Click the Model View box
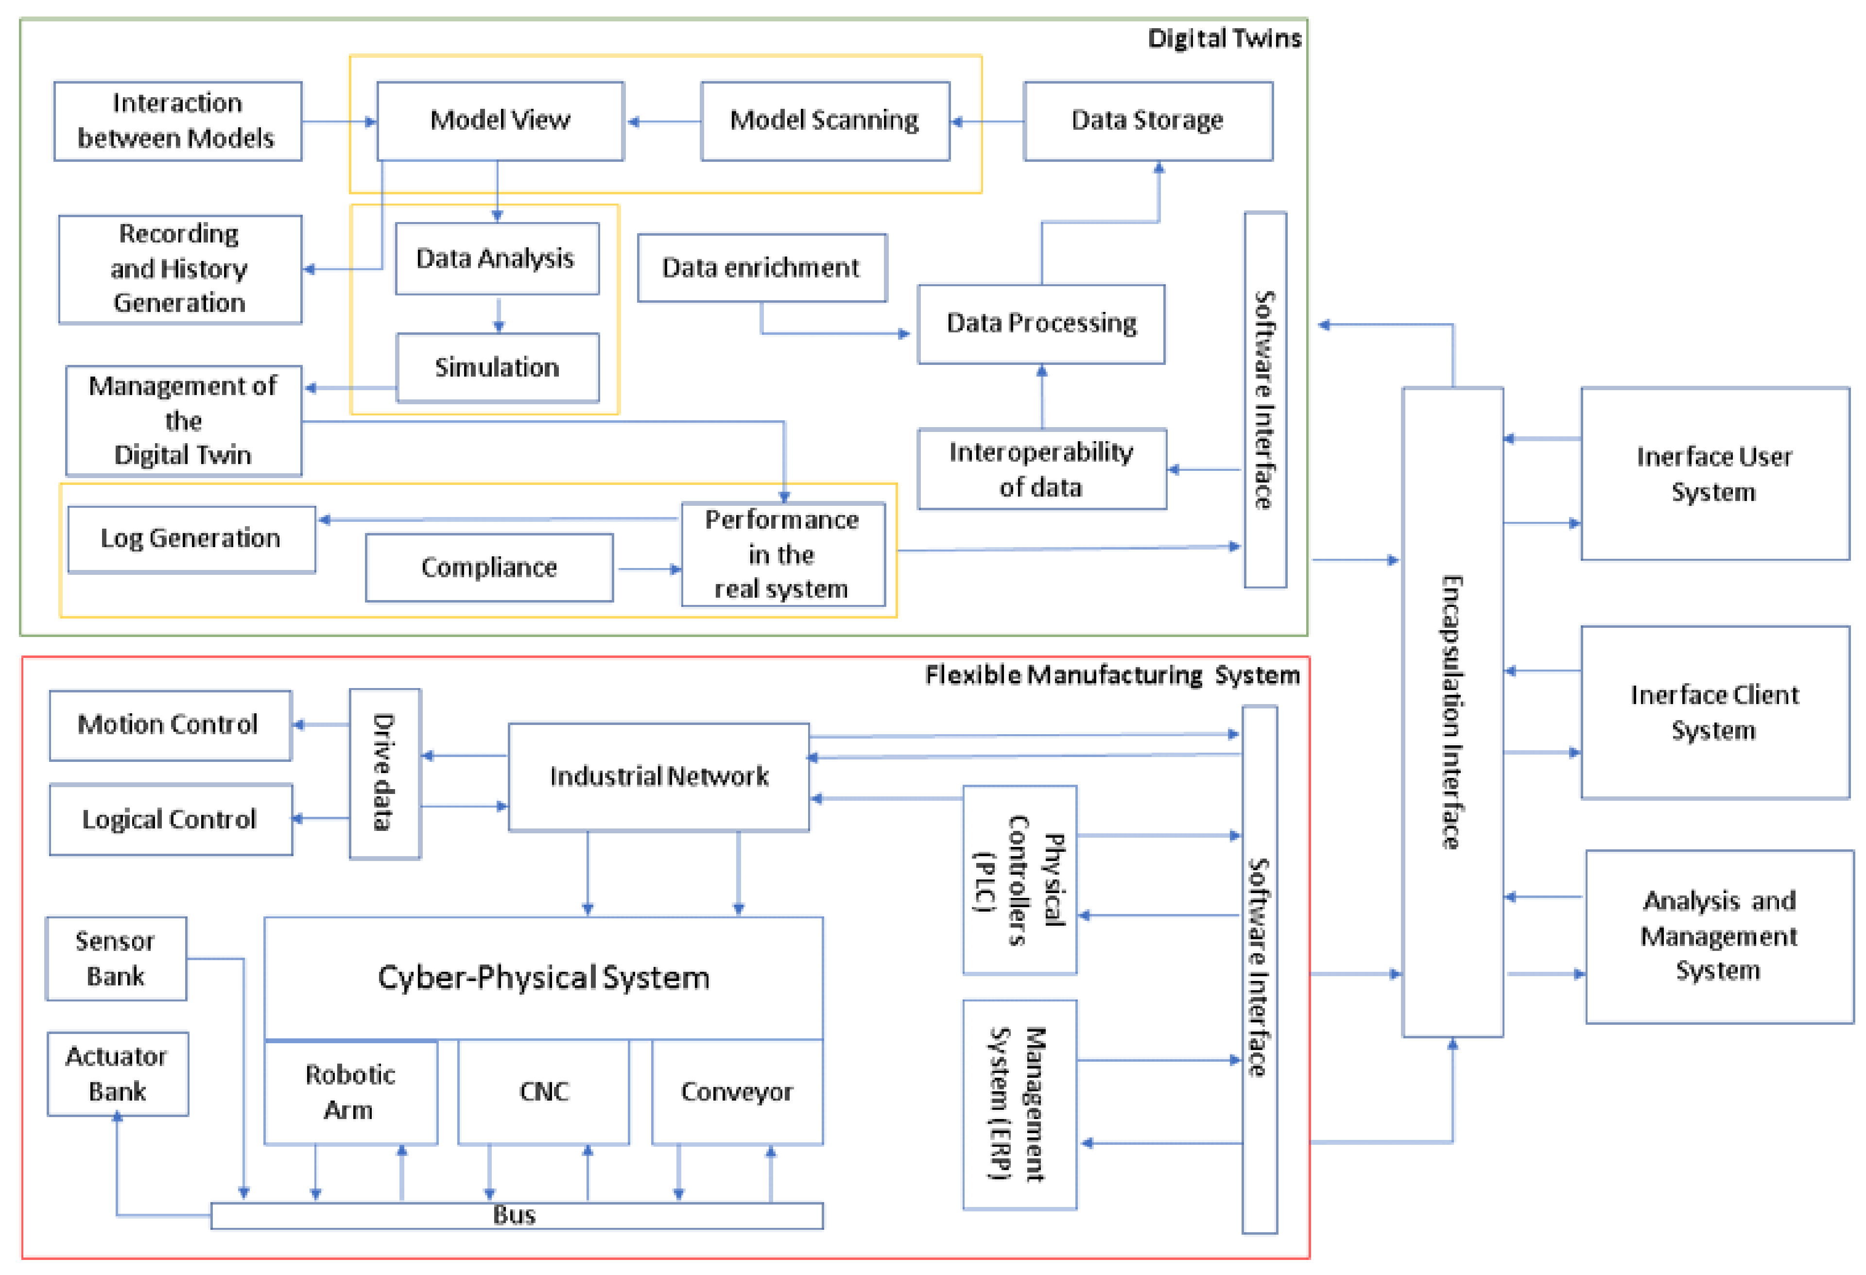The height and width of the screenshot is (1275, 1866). (x=500, y=121)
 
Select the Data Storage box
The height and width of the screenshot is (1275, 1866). (x=1147, y=121)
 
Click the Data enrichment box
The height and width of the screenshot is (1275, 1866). (x=761, y=267)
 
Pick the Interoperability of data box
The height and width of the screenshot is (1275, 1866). (x=1041, y=469)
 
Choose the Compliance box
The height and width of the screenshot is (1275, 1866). (x=488, y=568)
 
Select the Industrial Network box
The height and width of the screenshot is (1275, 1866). (x=658, y=776)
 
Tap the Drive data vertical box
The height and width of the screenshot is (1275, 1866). (x=384, y=773)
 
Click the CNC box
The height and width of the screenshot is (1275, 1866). (x=544, y=1092)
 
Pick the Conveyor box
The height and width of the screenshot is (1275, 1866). (x=736, y=1092)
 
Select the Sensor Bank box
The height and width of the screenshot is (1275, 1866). (x=116, y=959)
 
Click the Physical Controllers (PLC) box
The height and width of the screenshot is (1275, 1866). (x=1019, y=880)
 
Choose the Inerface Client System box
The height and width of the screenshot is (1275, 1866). (x=1714, y=712)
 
